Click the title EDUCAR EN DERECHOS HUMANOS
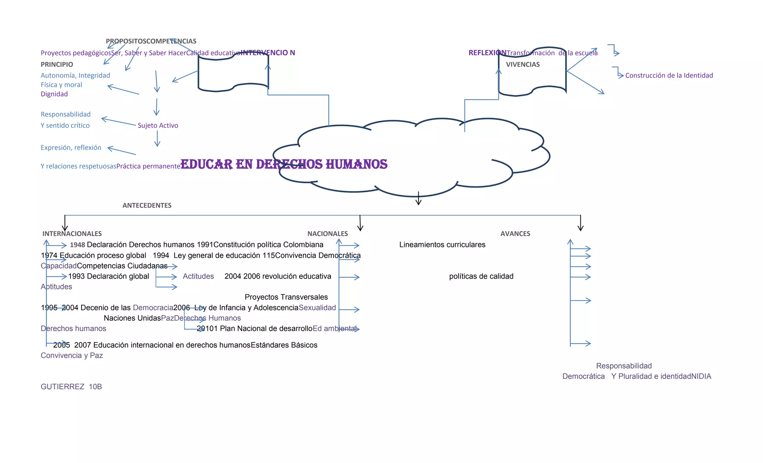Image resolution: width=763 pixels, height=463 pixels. pos(284,164)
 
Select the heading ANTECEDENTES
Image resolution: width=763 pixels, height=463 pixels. pos(147,205)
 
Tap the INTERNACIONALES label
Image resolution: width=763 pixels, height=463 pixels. pos(72,234)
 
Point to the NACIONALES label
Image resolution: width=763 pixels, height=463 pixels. pos(327,234)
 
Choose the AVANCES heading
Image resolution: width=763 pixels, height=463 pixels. pos(515,234)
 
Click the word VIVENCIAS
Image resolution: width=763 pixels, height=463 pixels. pos(523,64)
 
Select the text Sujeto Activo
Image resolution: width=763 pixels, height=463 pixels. pos(158,126)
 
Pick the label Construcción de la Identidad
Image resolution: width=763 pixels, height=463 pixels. pos(669,75)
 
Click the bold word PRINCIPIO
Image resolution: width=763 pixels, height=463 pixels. pos(57,64)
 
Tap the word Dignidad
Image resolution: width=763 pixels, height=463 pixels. pos(54,94)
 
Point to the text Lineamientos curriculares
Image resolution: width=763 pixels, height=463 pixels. pos(442,245)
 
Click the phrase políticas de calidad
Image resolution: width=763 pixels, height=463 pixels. pos(481,276)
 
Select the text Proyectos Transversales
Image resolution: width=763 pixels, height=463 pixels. pos(286,297)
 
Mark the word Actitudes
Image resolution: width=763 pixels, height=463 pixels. pos(198,276)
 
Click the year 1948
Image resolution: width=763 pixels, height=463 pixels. pos(77,245)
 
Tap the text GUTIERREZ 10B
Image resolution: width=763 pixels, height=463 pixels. pos(71,387)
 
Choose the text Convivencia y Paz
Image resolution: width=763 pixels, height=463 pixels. pos(72,355)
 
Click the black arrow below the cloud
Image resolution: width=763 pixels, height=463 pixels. pos(418,199)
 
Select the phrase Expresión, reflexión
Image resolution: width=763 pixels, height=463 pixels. pos(71,148)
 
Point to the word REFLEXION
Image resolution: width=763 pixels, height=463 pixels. pos(487,53)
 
